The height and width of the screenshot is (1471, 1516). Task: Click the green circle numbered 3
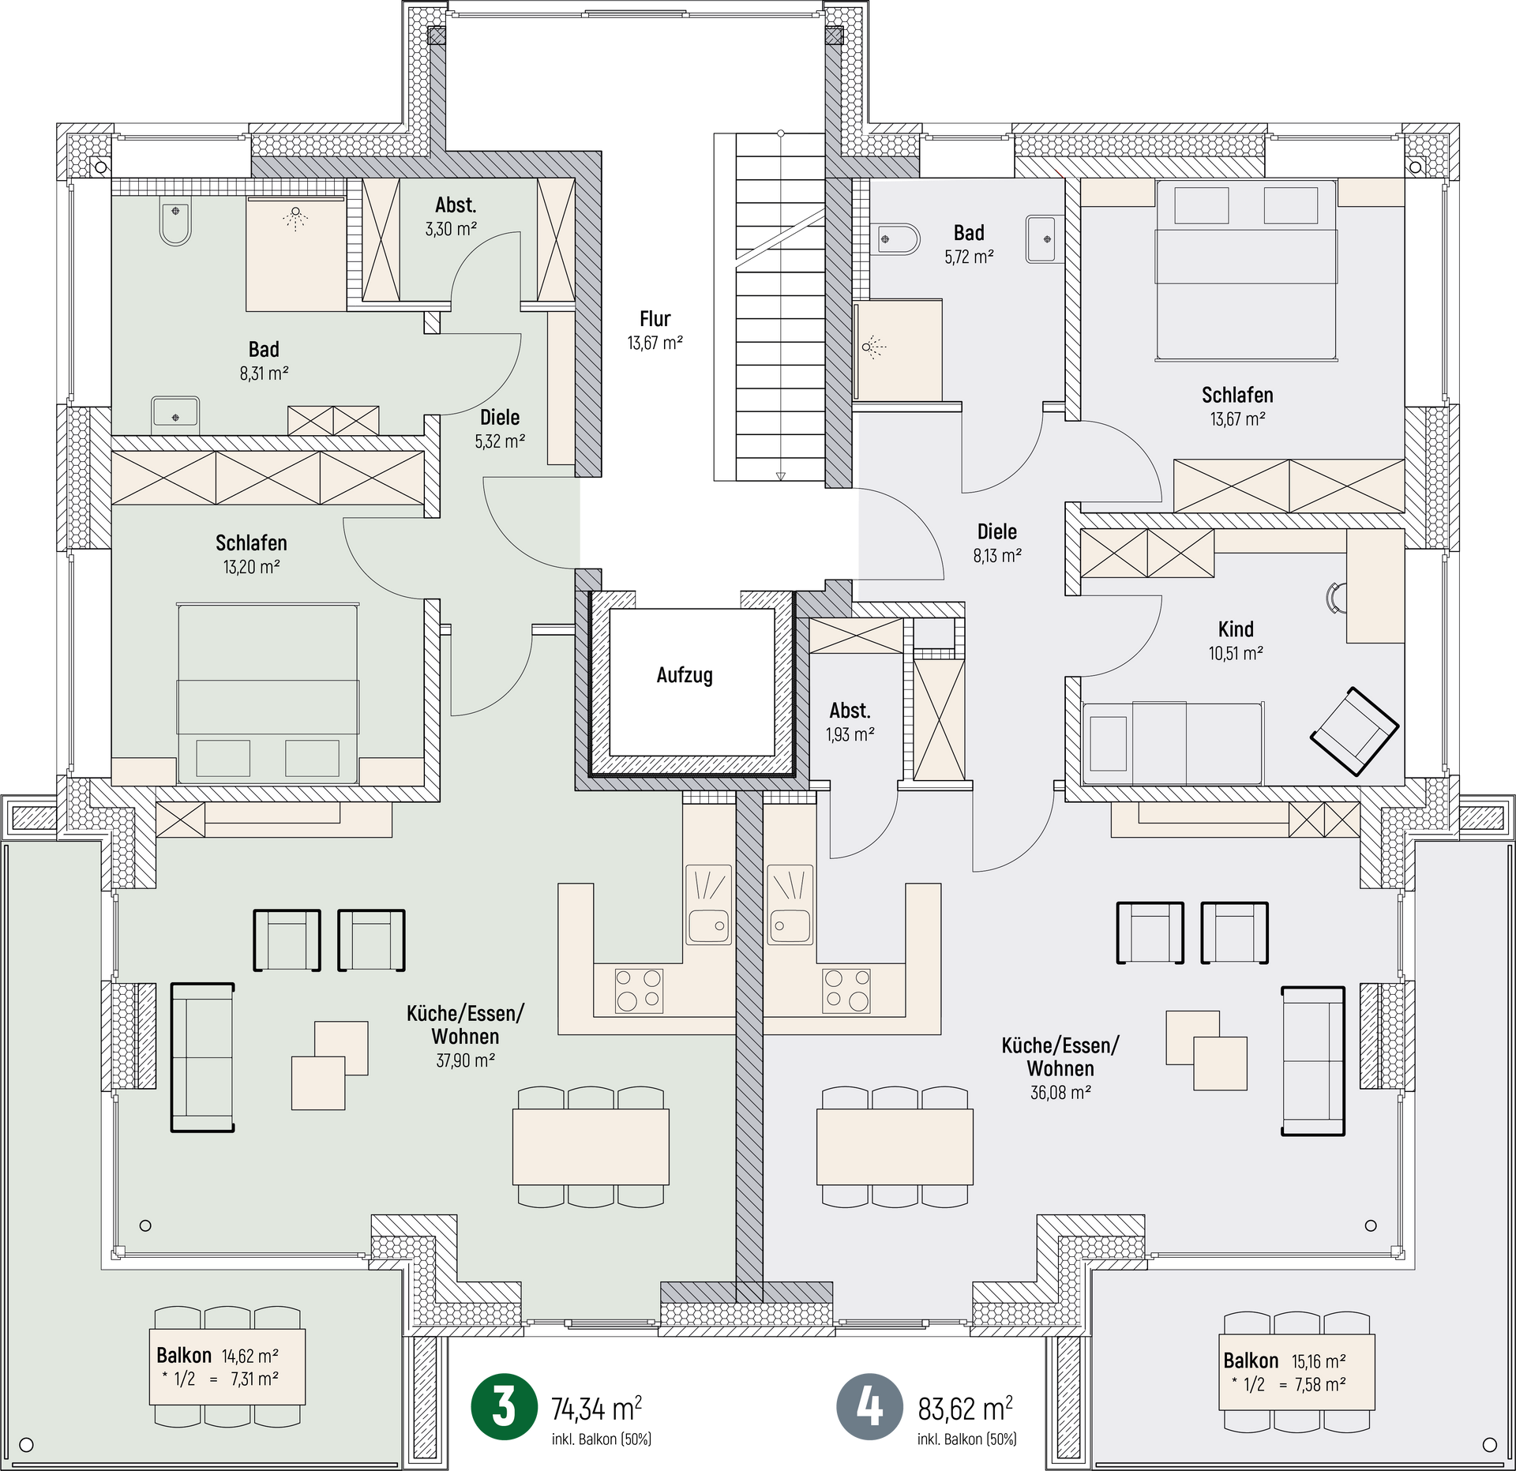pos(504,1406)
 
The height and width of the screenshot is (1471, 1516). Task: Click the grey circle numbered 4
pos(869,1406)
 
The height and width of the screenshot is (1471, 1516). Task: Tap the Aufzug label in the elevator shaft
pos(685,675)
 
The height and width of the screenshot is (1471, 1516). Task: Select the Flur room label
pos(655,319)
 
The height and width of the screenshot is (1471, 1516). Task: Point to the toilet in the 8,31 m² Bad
pos(175,223)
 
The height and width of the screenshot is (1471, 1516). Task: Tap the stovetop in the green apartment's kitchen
pos(639,990)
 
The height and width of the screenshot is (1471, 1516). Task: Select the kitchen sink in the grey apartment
pos(790,904)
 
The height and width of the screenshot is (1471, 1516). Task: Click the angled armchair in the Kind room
pos(1354,731)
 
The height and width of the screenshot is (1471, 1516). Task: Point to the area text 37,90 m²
pos(465,1060)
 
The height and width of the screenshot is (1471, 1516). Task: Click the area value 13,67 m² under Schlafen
pos(1237,419)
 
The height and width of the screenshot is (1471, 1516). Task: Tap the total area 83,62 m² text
pos(965,1408)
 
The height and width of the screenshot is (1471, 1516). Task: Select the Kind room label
pos(1236,629)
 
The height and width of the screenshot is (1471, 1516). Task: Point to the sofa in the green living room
pos(203,1057)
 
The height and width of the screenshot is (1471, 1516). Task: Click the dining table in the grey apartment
pos(895,1146)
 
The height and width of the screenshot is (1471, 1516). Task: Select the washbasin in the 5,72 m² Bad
pos(1045,239)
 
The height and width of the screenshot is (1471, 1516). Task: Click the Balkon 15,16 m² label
pos(1284,1361)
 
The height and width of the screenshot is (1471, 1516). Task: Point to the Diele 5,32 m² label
pos(500,429)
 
